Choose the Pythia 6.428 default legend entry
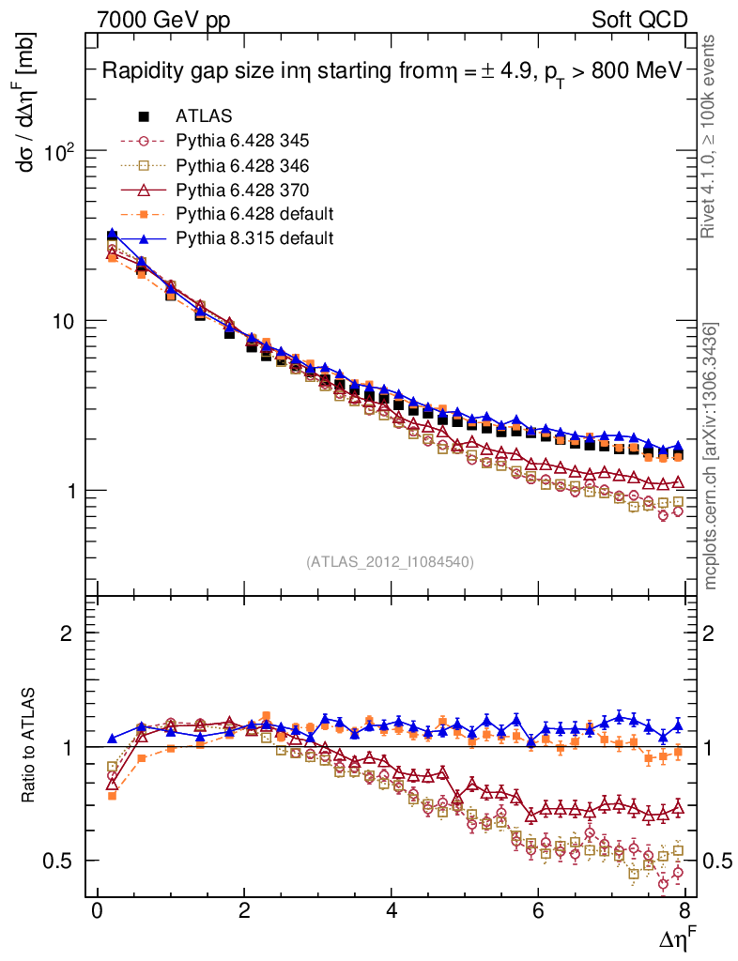(254, 214)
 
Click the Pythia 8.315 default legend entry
(254, 238)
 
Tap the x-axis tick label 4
(392, 911)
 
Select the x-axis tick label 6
(539, 911)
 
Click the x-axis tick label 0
(98, 911)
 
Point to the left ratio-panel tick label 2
(69, 633)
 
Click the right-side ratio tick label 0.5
(717, 862)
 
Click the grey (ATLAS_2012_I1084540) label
(390, 562)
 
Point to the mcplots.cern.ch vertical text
(711, 456)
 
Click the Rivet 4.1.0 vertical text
(711, 136)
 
